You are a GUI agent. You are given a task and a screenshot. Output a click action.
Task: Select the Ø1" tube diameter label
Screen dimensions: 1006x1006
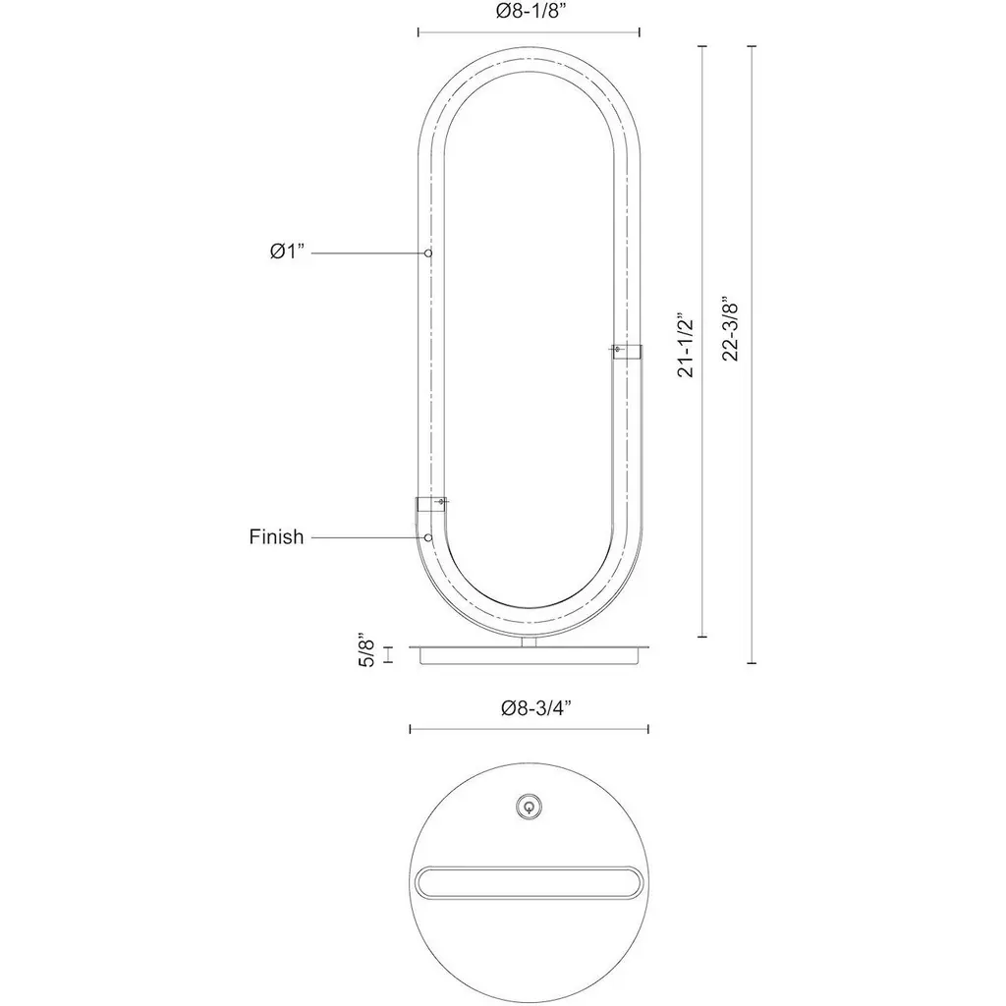pos(286,251)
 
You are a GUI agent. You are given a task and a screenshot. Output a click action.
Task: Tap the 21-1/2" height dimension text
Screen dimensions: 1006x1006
pos(686,345)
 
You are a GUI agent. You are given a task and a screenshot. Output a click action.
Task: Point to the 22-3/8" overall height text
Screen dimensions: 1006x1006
pos(731,328)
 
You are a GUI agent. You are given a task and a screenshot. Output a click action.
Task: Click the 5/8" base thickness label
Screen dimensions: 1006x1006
pos(365,651)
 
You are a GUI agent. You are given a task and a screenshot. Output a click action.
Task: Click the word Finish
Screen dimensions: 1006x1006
pos(276,536)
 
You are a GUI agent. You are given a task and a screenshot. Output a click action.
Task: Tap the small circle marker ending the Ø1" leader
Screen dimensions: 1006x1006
pos(428,252)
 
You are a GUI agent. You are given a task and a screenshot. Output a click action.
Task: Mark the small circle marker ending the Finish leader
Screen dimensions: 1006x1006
pos(428,537)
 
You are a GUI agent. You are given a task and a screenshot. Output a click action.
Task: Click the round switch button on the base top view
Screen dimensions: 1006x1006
pos(529,807)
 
